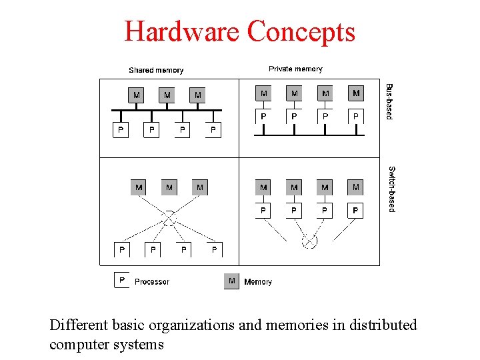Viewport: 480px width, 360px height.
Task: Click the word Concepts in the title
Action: [x=301, y=31]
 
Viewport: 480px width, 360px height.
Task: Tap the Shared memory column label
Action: [x=156, y=70]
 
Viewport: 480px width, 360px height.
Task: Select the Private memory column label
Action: [x=295, y=69]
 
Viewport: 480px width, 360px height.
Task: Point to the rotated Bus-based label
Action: [x=390, y=101]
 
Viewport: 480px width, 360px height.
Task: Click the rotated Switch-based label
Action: [x=391, y=189]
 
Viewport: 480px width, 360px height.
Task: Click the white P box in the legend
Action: [x=121, y=281]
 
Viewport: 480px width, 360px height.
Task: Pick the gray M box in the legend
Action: [x=231, y=281]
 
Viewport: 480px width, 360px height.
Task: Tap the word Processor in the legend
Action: [x=152, y=282]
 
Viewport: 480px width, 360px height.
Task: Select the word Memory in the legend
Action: [x=258, y=282]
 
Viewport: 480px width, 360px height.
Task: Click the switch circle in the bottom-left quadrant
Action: [x=169, y=217]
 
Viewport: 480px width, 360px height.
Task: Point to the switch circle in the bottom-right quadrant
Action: [x=309, y=241]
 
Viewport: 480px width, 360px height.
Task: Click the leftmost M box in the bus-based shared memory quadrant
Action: [x=137, y=95]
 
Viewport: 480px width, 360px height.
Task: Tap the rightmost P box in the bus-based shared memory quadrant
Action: [x=213, y=129]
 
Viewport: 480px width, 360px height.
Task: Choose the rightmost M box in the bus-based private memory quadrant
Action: [x=356, y=93]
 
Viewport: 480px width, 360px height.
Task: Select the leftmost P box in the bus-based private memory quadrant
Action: [x=263, y=117]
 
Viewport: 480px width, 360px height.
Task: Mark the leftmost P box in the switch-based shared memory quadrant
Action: [x=121, y=250]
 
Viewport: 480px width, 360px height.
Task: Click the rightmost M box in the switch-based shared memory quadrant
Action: [x=200, y=187]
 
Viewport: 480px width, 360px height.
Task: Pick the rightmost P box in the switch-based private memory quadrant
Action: [x=355, y=211]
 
